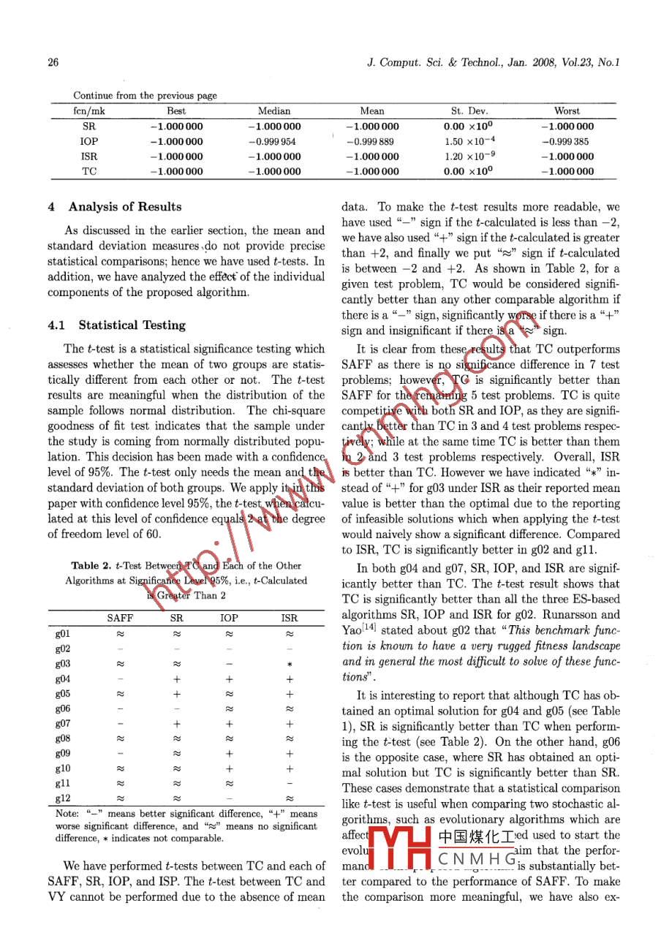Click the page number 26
tap(53, 63)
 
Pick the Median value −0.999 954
tap(274, 141)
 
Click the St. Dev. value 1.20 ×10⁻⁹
tap(469, 156)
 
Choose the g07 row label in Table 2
tap(63, 724)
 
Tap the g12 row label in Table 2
tap(63, 798)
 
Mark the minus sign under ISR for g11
tap(290, 783)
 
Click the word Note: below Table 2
tap(68, 814)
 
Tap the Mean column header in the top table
tap(372, 111)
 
